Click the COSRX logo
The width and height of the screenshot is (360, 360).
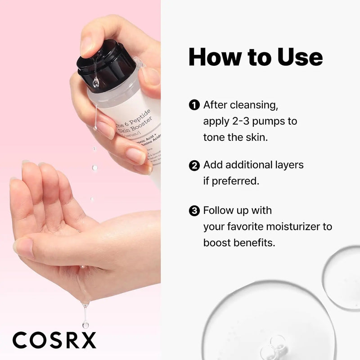click(x=54, y=340)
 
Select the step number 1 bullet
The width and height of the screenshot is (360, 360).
click(x=194, y=106)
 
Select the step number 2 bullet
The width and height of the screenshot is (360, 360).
click(x=194, y=165)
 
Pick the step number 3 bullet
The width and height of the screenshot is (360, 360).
click(x=194, y=210)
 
